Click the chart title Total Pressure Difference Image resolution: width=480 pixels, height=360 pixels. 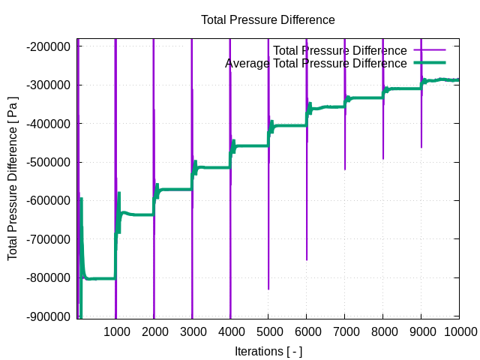click(268, 20)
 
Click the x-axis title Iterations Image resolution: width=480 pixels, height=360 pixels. click(268, 351)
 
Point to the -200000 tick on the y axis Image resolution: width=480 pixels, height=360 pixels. click(48, 46)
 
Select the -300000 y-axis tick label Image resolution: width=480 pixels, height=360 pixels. click(48, 85)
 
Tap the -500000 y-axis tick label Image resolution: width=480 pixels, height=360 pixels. click(48, 162)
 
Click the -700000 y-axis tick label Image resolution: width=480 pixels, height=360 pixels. click(48, 239)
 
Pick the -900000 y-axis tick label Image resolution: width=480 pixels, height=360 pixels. click(48, 316)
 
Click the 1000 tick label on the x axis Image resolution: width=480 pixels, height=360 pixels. click(115, 331)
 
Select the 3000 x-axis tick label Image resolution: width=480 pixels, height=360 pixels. click(192, 331)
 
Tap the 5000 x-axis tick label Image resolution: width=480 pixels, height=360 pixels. click(268, 331)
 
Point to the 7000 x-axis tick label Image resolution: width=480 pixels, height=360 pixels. click(345, 331)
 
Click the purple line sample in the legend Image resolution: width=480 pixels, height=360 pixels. click(429, 50)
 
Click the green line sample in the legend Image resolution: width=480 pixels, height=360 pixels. click(429, 63)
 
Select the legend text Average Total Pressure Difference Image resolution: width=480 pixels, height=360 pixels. click(316, 63)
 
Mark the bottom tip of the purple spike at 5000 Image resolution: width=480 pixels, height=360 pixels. click(268, 289)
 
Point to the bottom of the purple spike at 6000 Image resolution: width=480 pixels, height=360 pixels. click(307, 259)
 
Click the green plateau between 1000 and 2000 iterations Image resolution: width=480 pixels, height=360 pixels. click(139, 214)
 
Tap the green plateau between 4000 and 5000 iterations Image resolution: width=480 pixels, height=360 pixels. click(251, 145)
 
